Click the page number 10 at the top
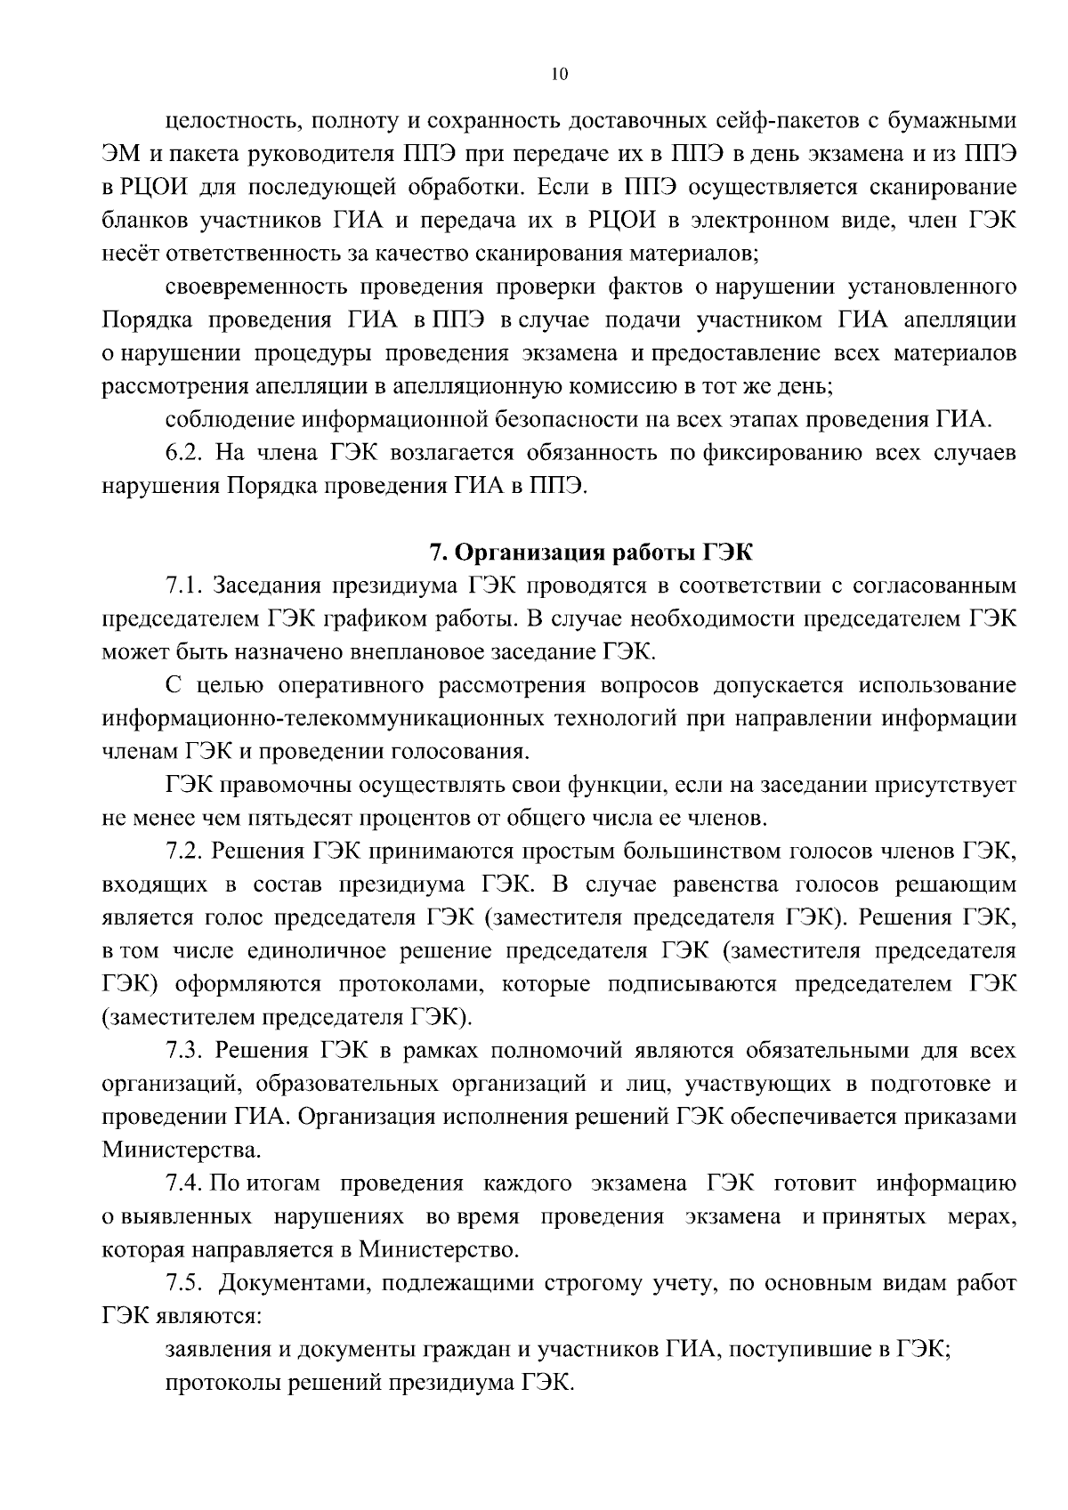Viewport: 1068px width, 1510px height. click(559, 75)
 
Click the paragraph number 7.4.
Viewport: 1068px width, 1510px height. click(186, 1183)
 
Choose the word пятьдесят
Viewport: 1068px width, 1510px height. click(281, 818)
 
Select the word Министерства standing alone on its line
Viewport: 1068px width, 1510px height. click(182, 1151)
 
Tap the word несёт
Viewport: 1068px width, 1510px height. click(126, 254)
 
